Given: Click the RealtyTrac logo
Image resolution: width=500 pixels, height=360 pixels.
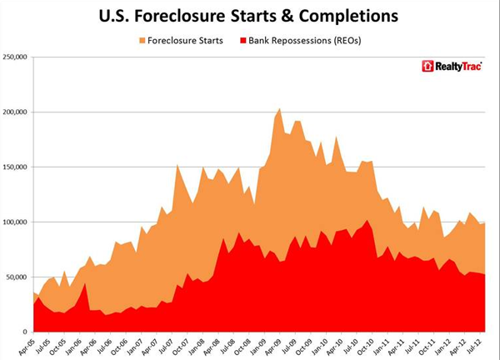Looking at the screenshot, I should click(450, 66).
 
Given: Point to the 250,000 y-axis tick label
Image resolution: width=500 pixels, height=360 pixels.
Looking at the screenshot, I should click(16, 57).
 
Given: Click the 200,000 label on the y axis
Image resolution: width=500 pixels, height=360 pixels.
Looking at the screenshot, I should click(16, 112).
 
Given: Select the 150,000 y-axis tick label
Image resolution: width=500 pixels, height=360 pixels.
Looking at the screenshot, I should click(16, 167).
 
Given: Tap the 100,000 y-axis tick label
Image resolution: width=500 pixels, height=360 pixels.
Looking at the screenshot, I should click(16, 222).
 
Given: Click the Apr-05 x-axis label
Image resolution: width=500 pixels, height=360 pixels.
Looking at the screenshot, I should click(28, 346).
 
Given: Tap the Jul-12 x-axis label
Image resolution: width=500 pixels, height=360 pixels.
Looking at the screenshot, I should click(481, 346).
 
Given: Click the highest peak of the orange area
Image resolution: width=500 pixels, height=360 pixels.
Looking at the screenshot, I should click(279, 108).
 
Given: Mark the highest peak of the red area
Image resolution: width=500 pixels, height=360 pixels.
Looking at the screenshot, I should click(368, 221).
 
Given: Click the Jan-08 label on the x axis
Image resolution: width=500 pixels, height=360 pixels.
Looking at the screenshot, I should click(201, 346).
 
